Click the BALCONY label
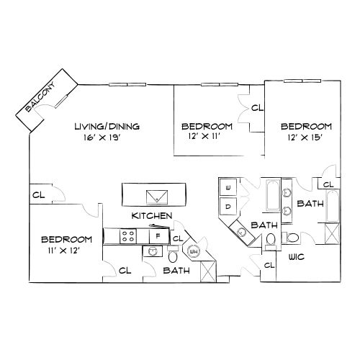click(40, 96)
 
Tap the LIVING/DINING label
click(107, 126)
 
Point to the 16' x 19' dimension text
click(102, 138)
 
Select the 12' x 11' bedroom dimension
click(204, 136)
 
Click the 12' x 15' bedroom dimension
click(305, 138)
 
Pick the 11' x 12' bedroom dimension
click(63, 251)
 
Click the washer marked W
click(228, 187)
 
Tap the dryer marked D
click(228, 207)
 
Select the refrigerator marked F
click(158, 236)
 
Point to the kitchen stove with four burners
click(128, 236)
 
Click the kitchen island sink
click(157, 197)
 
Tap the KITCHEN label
click(152, 216)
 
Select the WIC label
click(297, 257)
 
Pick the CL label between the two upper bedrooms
click(257, 108)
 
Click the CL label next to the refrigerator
click(178, 238)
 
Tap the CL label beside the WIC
click(269, 265)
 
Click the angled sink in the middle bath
click(240, 232)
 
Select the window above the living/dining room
click(127, 84)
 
